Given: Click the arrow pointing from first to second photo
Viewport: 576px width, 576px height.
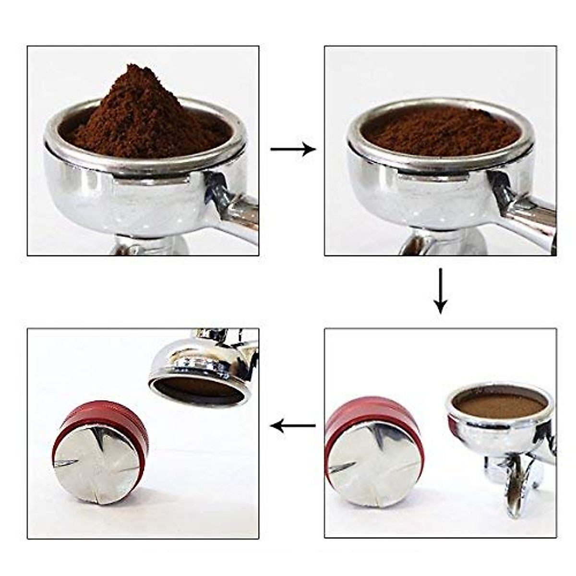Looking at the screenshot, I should (292, 149).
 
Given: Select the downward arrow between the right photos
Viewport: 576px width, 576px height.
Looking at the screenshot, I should (440, 291).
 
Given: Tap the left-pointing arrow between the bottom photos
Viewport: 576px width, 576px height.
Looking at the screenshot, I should (292, 425).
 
